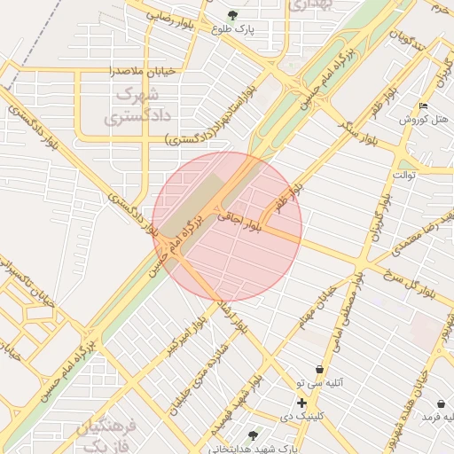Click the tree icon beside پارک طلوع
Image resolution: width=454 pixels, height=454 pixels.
233,15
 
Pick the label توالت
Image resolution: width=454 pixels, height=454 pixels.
404,175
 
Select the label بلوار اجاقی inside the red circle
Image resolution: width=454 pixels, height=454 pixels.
240,221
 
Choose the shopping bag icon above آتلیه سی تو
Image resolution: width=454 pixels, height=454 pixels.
318,370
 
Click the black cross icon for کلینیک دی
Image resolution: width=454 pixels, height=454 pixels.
302,403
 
